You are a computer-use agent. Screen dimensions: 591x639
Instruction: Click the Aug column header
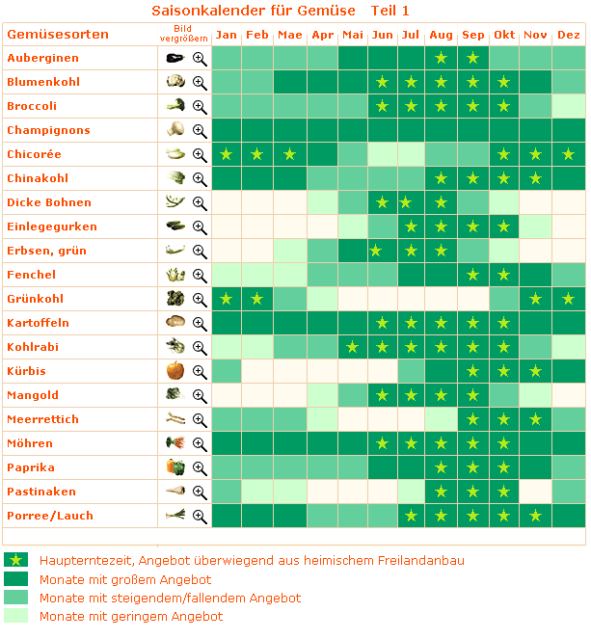[441, 35]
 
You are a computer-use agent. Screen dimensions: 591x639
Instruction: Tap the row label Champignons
[48, 130]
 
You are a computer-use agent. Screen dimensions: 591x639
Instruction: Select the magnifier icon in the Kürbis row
[200, 372]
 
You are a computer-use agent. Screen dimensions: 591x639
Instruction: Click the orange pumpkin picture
[175, 370]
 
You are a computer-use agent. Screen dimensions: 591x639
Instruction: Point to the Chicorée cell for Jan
[227, 154]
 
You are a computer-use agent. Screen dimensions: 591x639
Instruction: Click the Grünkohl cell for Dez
[569, 299]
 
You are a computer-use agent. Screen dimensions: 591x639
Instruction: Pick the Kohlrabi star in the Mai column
[353, 348]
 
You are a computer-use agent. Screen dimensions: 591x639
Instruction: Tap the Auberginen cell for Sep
[472, 58]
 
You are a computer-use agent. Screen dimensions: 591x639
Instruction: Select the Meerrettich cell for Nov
[536, 419]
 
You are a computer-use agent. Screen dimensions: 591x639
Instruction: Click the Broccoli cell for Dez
[569, 106]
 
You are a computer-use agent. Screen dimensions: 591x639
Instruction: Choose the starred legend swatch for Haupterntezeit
[15, 560]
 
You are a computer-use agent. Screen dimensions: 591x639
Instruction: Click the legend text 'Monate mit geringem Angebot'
[131, 616]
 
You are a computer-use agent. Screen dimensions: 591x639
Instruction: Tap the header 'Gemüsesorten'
[58, 35]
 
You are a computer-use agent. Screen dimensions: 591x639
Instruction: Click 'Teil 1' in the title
[390, 11]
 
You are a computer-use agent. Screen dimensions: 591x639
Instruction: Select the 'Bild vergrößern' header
[184, 34]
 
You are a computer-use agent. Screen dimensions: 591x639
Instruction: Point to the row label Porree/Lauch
[50, 516]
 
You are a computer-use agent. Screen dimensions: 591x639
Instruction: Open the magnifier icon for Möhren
[200, 443]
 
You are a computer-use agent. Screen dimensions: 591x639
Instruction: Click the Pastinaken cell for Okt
[504, 492]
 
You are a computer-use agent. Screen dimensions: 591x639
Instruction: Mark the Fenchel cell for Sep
[472, 275]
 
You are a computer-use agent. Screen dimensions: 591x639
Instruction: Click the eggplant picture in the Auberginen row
[175, 58]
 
